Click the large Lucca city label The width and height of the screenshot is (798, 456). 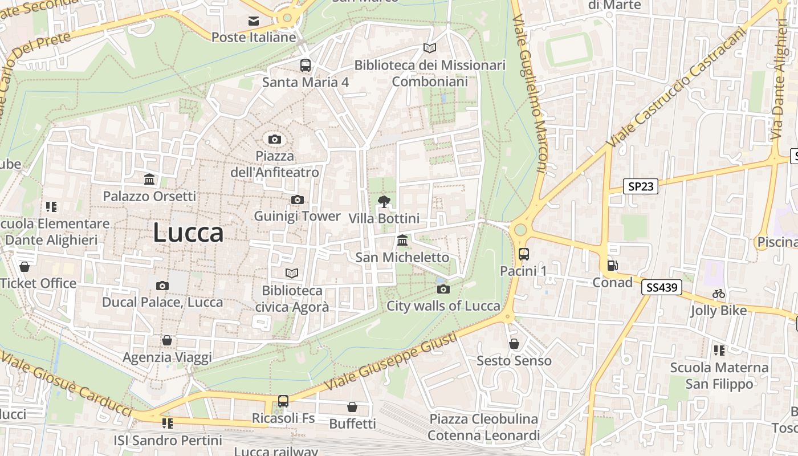(x=188, y=233)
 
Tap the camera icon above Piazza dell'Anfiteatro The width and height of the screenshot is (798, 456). (x=274, y=139)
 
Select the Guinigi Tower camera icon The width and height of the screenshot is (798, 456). (x=297, y=199)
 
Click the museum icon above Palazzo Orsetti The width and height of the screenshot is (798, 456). (x=149, y=180)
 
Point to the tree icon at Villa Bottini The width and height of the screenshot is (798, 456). (x=384, y=201)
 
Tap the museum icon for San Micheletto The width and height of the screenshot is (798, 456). (x=402, y=241)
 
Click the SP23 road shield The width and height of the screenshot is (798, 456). (x=640, y=186)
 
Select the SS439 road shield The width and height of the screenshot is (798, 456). (x=662, y=287)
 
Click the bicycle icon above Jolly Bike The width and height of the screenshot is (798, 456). (x=719, y=294)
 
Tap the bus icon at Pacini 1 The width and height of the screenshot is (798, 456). (x=523, y=254)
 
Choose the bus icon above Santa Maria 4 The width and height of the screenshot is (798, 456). (x=306, y=65)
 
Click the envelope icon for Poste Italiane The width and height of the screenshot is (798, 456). (x=254, y=21)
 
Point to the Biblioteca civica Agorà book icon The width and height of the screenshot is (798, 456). (x=292, y=274)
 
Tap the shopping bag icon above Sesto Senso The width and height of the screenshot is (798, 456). (x=514, y=344)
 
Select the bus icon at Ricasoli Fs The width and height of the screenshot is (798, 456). (x=283, y=401)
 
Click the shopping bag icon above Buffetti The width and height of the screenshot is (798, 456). (x=352, y=407)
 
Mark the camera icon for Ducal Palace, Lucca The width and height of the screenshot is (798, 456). (x=162, y=286)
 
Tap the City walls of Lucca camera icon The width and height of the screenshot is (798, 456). (x=443, y=289)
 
